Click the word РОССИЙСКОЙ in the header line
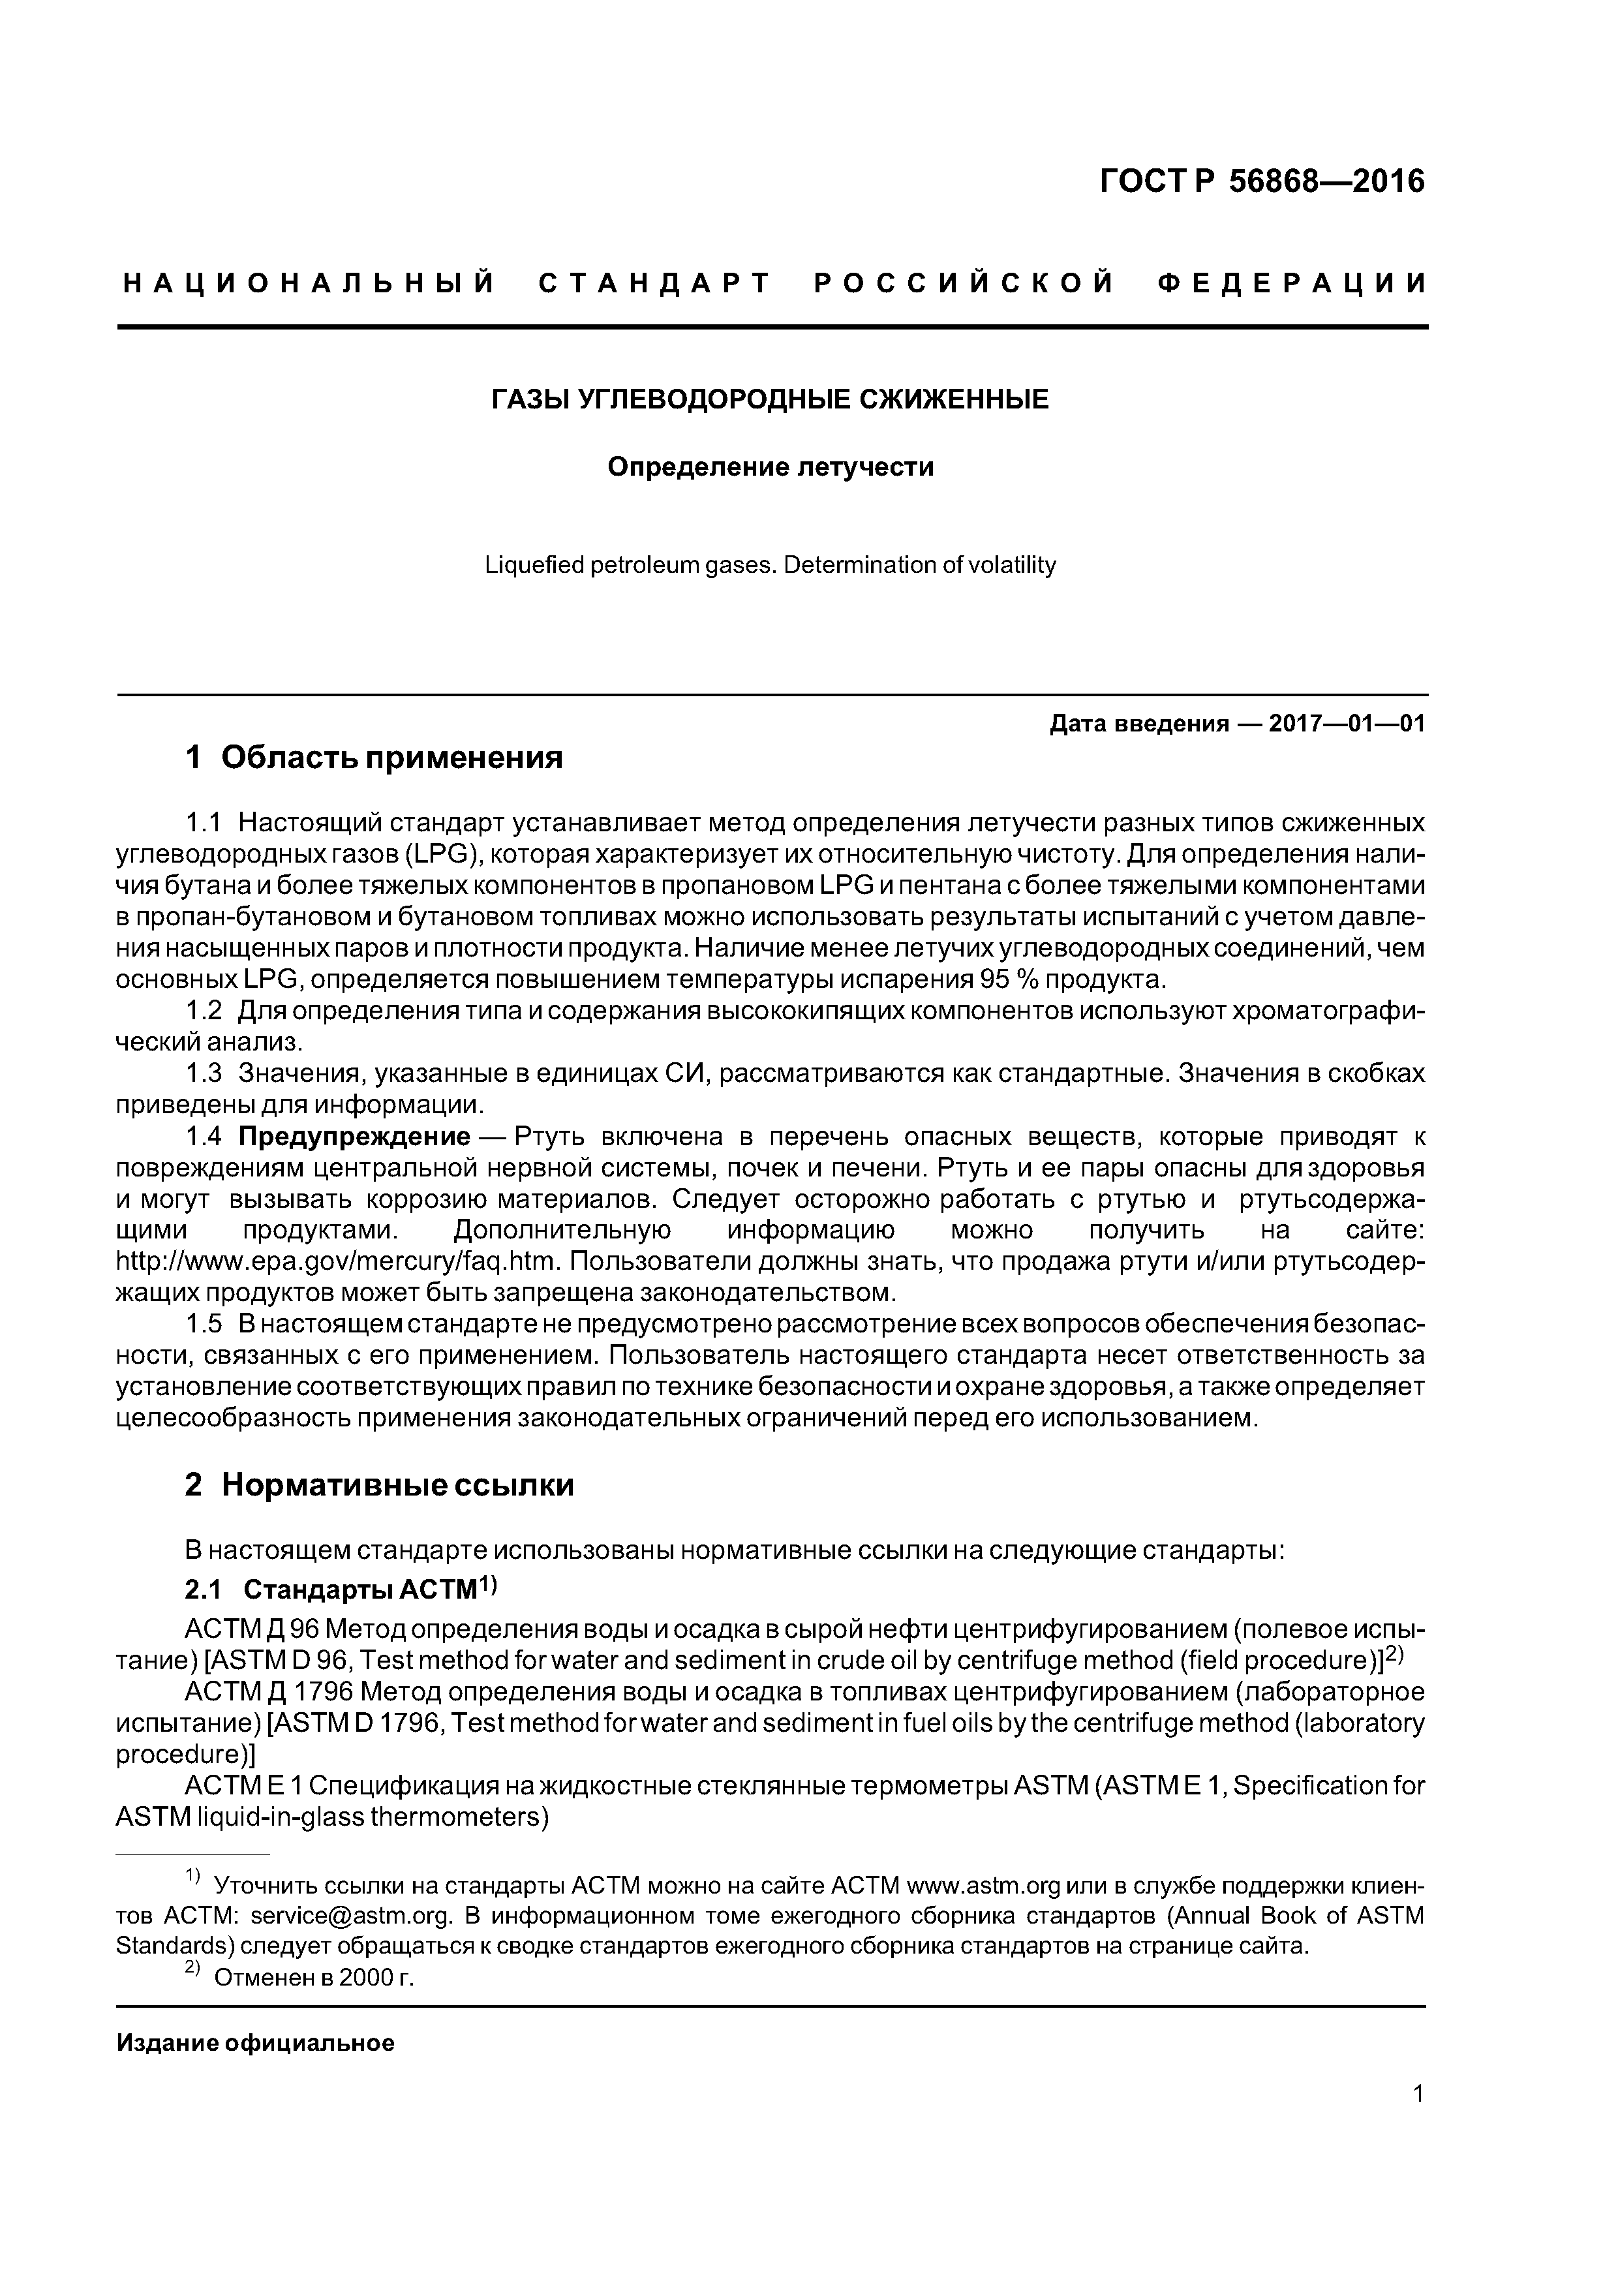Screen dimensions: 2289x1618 click(x=964, y=284)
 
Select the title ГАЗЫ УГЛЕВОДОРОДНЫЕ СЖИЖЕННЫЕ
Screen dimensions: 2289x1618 click(x=770, y=400)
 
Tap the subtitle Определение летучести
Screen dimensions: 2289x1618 click(x=771, y=467)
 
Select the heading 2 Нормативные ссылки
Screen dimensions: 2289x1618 click(x=379, y=1486)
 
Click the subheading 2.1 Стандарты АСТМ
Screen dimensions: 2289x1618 click(x=339, y=1589)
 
